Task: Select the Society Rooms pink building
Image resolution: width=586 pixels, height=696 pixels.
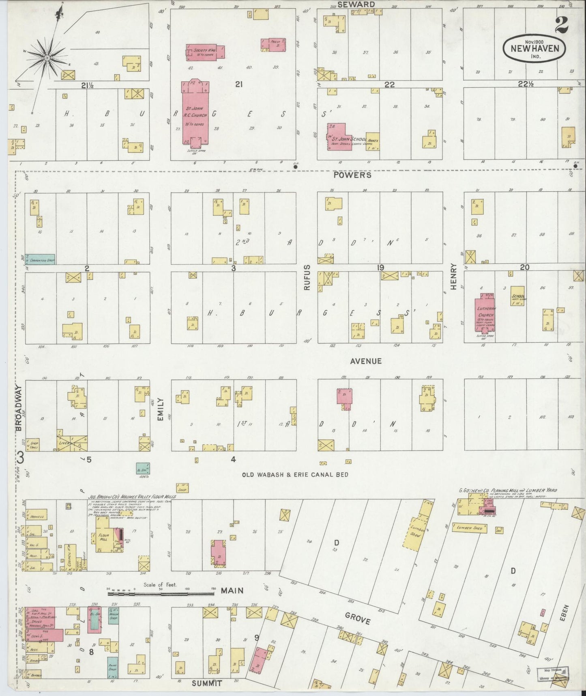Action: [x=205, y=52]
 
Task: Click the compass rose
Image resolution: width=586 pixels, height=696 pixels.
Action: [x=47, y=58]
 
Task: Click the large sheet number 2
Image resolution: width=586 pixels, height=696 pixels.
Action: [x=561, y=26]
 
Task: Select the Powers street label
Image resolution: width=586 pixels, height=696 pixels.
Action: [x=352, y=175]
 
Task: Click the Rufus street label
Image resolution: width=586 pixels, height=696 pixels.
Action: [x=307, y=277]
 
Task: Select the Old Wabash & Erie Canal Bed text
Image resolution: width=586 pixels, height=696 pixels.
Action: [x=295, y=475]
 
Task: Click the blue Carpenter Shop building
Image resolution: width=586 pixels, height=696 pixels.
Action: [x=40, y=259]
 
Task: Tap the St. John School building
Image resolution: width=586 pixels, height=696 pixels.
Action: [x=341, y=138]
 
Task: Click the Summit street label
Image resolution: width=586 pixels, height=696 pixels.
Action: [x=207, y=683]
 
